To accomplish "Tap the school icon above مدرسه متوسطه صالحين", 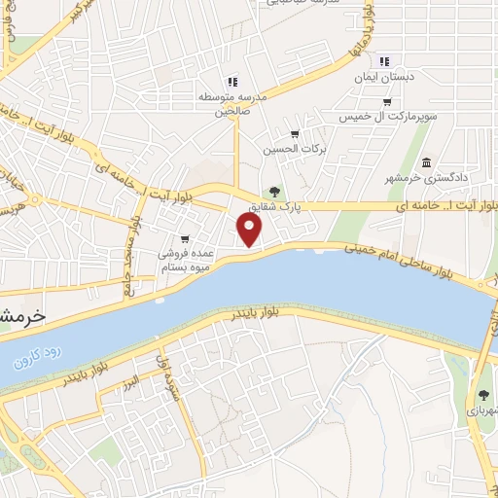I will coord(231,82).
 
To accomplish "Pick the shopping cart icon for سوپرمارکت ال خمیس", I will coord(387,102).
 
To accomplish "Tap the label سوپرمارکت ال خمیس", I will coord(386,117).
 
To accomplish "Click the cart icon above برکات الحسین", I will coord(295,134).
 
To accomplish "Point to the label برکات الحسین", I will coord(289,150).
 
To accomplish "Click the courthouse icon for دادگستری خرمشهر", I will coord(427,161).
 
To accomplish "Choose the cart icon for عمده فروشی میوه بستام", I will coord(185,238).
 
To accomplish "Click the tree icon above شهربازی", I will coord(483,395).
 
